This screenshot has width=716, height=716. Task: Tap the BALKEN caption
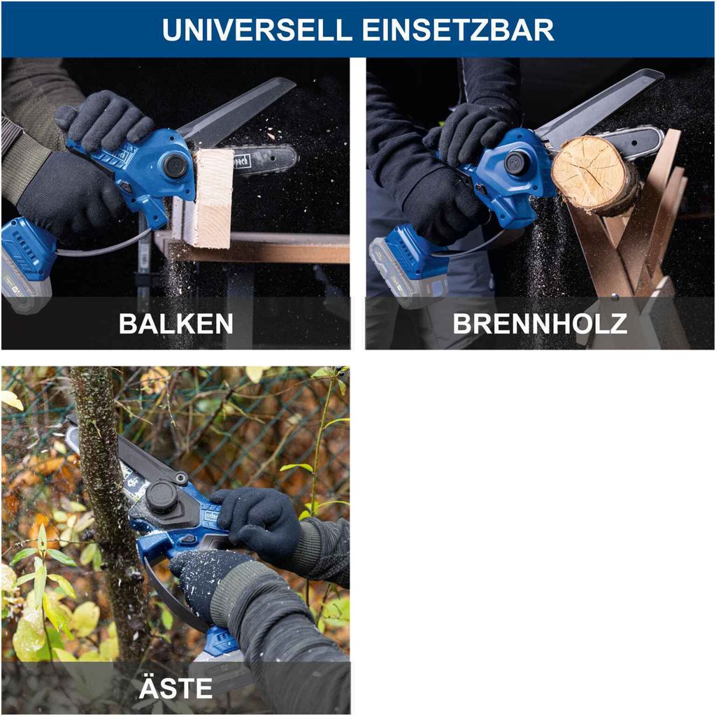176,324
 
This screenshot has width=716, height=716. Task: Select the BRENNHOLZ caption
540,324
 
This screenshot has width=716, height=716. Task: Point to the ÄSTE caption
176,688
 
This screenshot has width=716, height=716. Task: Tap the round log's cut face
589,173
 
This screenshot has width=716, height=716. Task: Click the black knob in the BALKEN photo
174,166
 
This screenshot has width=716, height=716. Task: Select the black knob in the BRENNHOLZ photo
516,162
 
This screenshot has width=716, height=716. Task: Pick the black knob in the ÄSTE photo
162,496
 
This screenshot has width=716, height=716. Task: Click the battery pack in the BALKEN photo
27,262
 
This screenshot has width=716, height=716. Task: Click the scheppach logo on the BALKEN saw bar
241,161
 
